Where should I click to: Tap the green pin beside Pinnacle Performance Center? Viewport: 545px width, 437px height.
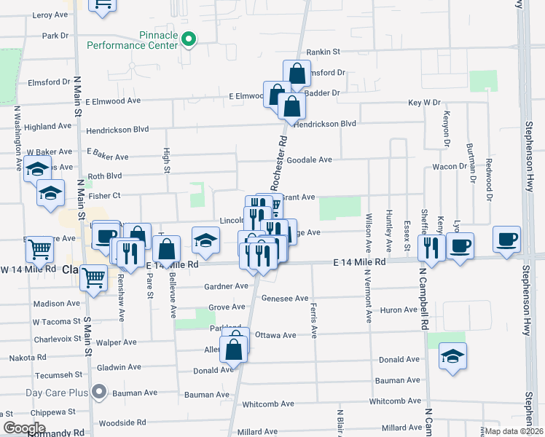point(189,39)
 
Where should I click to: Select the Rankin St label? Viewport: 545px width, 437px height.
point(324,52)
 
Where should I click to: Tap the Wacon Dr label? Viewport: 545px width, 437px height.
point(449,166)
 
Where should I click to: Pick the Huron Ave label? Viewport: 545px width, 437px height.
point(399,310)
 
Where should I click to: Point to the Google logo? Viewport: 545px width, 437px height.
point(24,428)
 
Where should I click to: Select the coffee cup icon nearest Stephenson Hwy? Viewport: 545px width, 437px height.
point(506,240)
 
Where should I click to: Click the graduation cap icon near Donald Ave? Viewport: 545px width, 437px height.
point(452,356)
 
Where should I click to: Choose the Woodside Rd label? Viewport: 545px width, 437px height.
point(117,422)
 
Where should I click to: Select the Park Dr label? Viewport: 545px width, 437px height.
point(55,35)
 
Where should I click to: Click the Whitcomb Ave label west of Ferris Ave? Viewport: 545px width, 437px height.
point(267,403)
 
